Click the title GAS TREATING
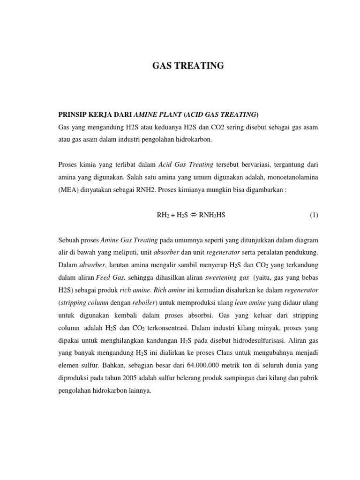pos(188,66)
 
